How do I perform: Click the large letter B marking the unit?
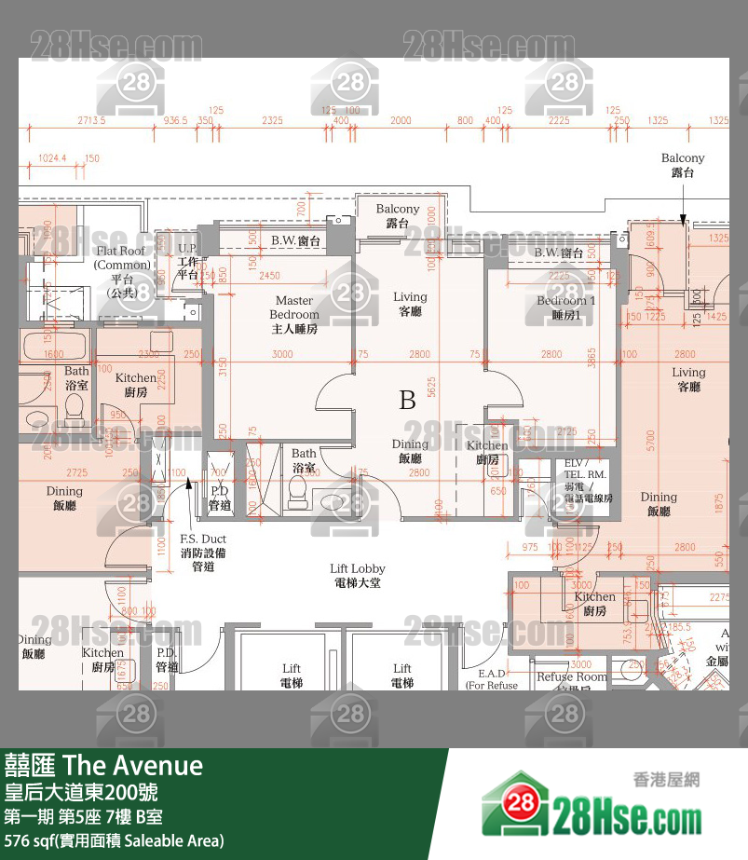tap(407, 401)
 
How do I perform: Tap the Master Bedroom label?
tap(294, 314)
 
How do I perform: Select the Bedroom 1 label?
tap(565, 307)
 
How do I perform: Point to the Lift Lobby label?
tap(358, 575)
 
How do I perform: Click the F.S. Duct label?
tap(203, 552)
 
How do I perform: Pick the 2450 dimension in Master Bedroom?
tap(269, 276)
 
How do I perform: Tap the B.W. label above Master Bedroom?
tap(296, 241)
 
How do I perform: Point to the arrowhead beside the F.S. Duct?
tap(189, 482)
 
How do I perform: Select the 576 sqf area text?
tap(114, 840)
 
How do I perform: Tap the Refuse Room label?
tap(571, 678)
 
